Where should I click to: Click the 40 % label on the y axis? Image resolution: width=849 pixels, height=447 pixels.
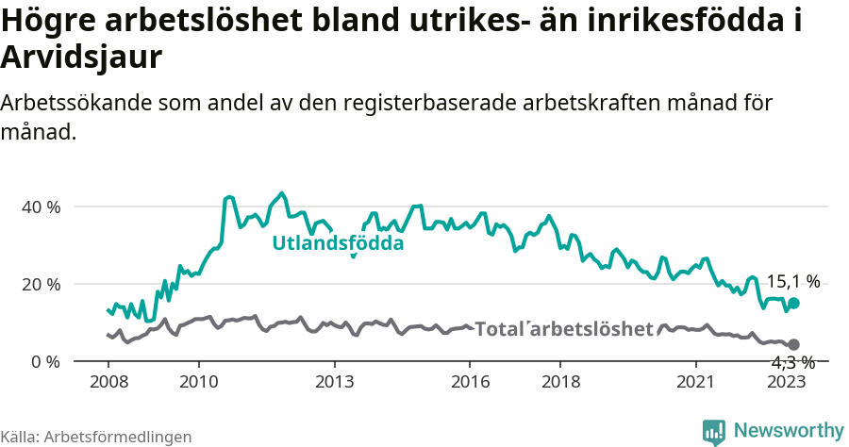coord(41,207)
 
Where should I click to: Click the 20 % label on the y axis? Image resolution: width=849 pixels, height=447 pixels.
coord(41,284)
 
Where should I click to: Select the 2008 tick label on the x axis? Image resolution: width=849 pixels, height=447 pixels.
coord(108,382)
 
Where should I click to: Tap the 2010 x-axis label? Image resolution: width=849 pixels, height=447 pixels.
coord(199,382)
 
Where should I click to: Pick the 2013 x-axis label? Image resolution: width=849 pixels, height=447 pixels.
coord(334,382)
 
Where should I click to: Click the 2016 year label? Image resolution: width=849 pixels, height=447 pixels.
coord(470,382)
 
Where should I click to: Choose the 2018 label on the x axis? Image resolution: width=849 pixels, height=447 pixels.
coord(560,382)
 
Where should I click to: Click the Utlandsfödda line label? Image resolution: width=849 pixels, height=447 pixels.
coord(338,243)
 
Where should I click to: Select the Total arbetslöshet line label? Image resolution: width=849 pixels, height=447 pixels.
coord(564,329)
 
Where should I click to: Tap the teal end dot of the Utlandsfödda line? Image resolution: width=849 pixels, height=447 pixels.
coord(794,303)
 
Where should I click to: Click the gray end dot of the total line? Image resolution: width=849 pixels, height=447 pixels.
coord(794,345)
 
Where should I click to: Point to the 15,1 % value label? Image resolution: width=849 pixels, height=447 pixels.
coord(792,281)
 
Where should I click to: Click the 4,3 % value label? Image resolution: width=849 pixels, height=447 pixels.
coord(792,363)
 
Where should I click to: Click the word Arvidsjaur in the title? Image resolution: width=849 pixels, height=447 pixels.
coord(82,57)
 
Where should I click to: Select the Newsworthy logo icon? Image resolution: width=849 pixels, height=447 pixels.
coord(714,432)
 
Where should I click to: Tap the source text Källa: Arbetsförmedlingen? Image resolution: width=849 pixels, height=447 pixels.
coord(96,437)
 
